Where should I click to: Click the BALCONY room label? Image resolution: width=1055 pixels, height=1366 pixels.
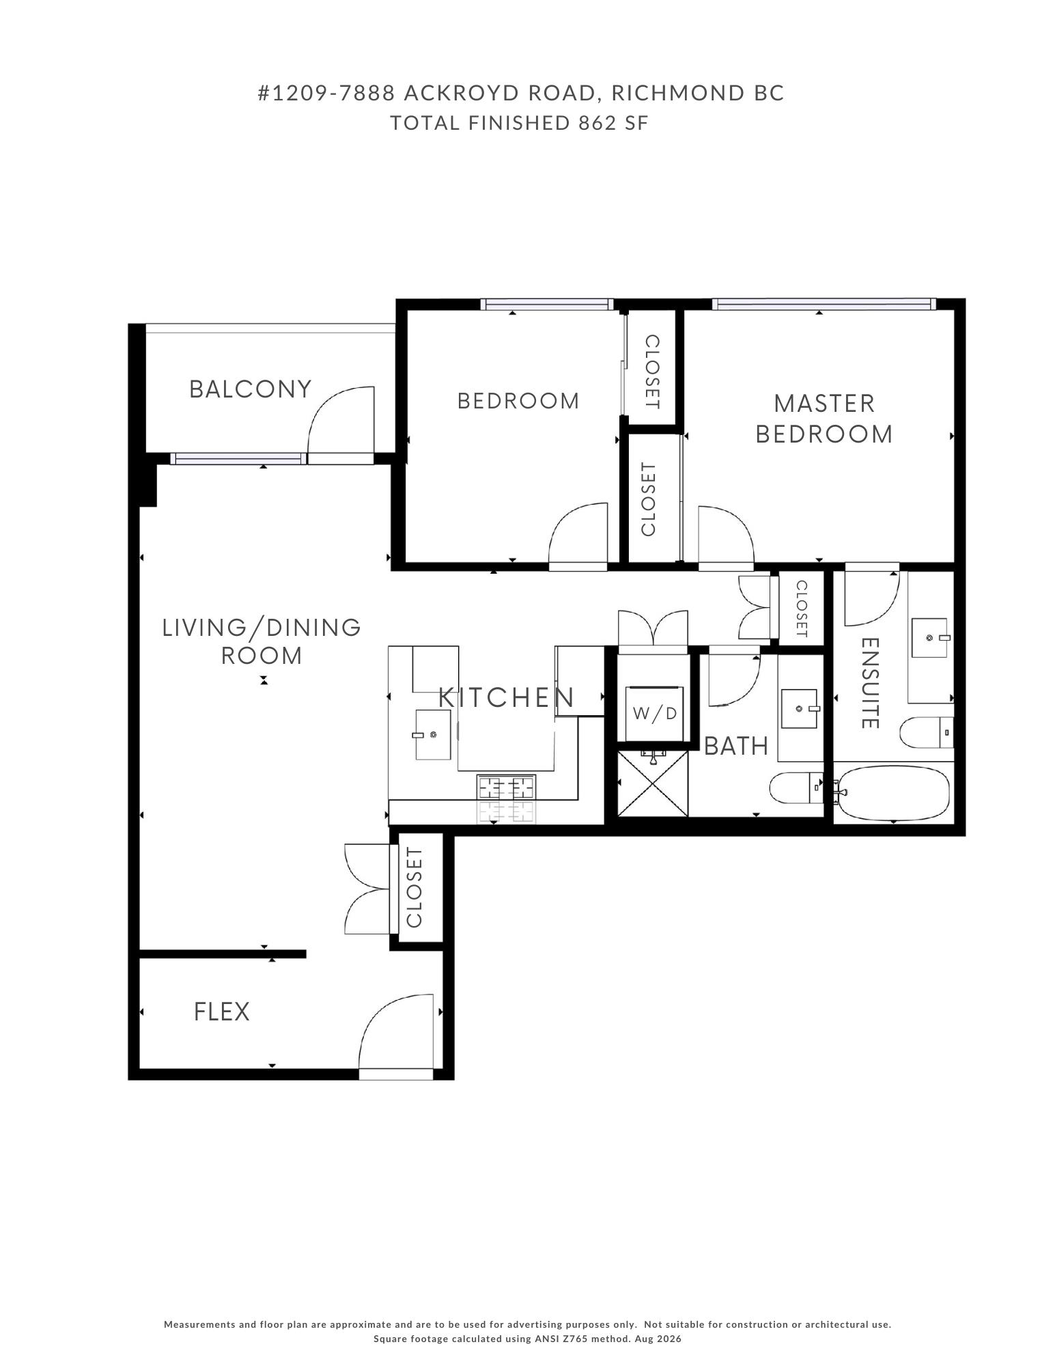point(250,389)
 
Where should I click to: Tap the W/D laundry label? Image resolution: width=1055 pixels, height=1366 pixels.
point(655,714)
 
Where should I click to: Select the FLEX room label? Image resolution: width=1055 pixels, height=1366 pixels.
point(222,1012)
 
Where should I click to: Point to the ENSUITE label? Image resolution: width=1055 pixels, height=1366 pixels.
point(869,683)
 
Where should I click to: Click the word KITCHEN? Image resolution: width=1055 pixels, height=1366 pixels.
point(506,698)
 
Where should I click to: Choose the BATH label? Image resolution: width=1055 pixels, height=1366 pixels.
point(736,747)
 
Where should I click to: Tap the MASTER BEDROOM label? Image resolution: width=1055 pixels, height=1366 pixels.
point(824,419)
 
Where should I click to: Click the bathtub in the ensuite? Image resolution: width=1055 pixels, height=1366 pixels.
point(894,792)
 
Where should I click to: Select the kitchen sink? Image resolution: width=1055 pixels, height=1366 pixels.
point(433,734)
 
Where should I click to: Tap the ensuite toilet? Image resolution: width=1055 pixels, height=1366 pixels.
point(927,733)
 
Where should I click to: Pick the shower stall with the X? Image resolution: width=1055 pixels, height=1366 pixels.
point(653,783)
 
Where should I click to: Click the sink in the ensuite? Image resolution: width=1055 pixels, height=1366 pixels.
point(929,638)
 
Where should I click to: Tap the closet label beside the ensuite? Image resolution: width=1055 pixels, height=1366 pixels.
point(802,609)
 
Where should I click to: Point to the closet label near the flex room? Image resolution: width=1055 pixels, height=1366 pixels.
point(414,887)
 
